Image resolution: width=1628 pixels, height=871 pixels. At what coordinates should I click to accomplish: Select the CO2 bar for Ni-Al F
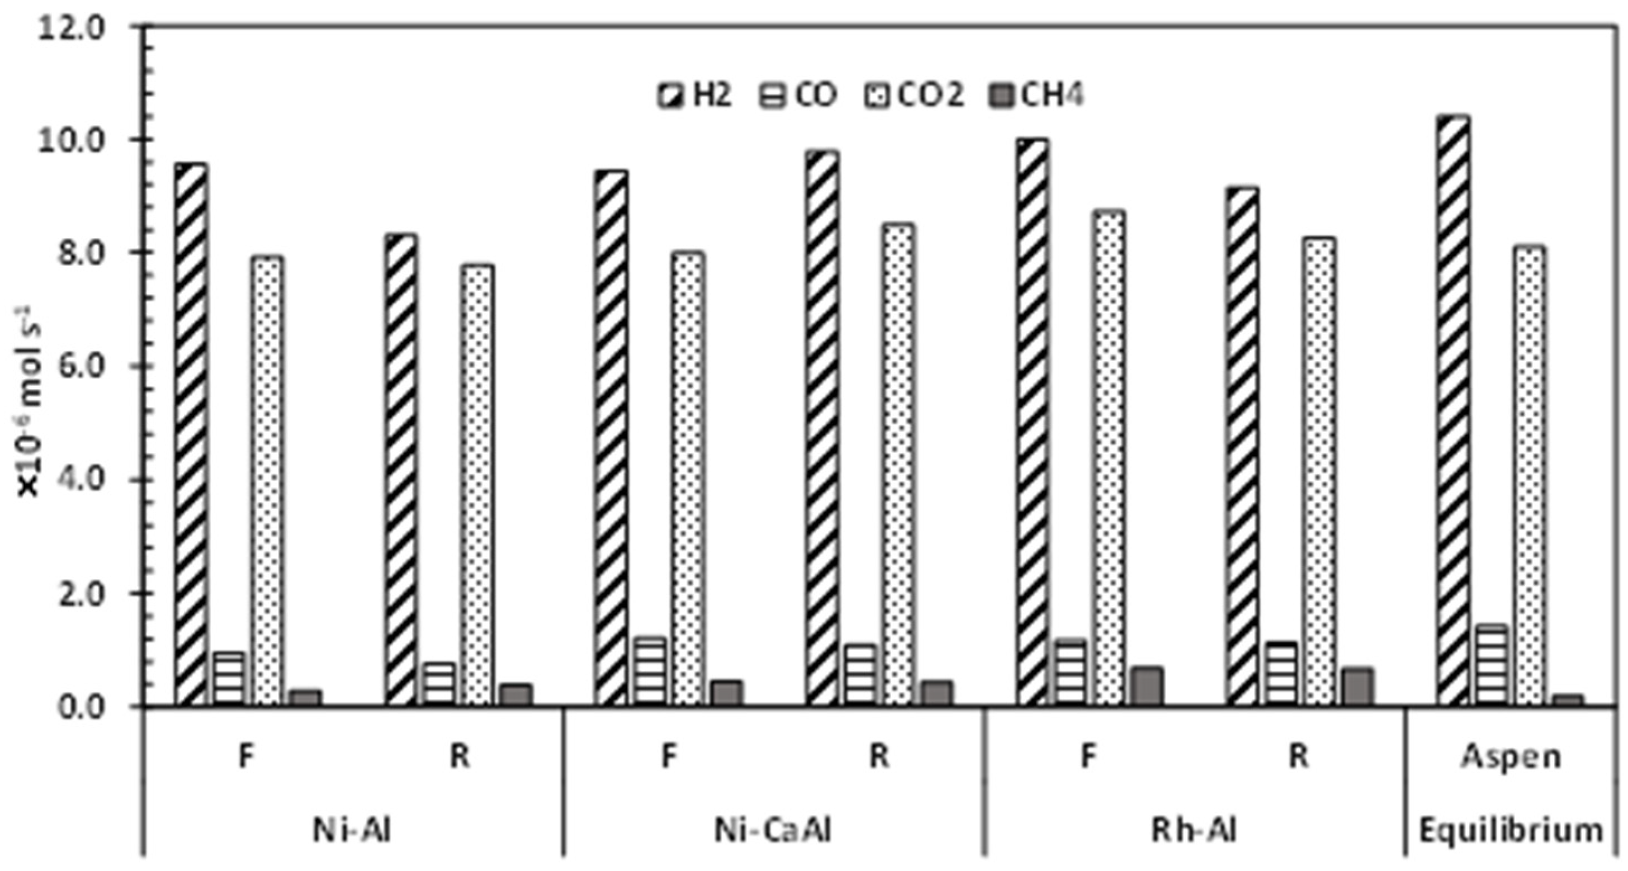click(x=268, y=480)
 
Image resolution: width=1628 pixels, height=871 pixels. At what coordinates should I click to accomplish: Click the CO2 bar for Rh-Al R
click(x=1318, y=471)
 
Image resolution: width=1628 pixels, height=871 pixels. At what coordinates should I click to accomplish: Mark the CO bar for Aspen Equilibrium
click(x=1491, y=665)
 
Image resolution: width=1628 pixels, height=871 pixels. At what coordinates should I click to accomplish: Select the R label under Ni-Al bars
click(x=460, y=755)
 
